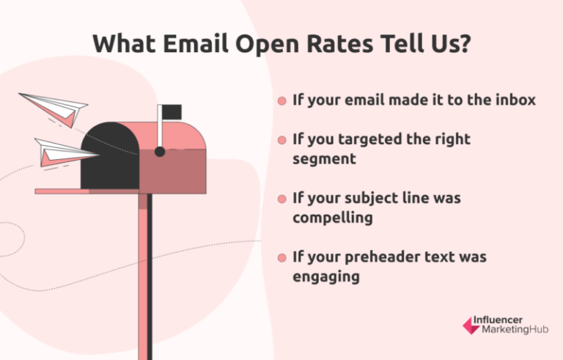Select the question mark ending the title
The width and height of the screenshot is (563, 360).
point(464,45)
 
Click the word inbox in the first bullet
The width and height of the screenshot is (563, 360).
point(515,100)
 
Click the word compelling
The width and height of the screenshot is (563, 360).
point(332,218)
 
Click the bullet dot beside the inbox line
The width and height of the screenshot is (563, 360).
point(281,101)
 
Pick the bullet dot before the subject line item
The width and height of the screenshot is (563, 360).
point(281,199)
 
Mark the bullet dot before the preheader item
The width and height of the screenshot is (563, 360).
point(281,259)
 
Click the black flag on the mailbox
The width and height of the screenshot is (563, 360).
point(172,112)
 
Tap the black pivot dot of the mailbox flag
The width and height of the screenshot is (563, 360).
point(160,151)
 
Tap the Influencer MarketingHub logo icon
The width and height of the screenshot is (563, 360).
point(470,326)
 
